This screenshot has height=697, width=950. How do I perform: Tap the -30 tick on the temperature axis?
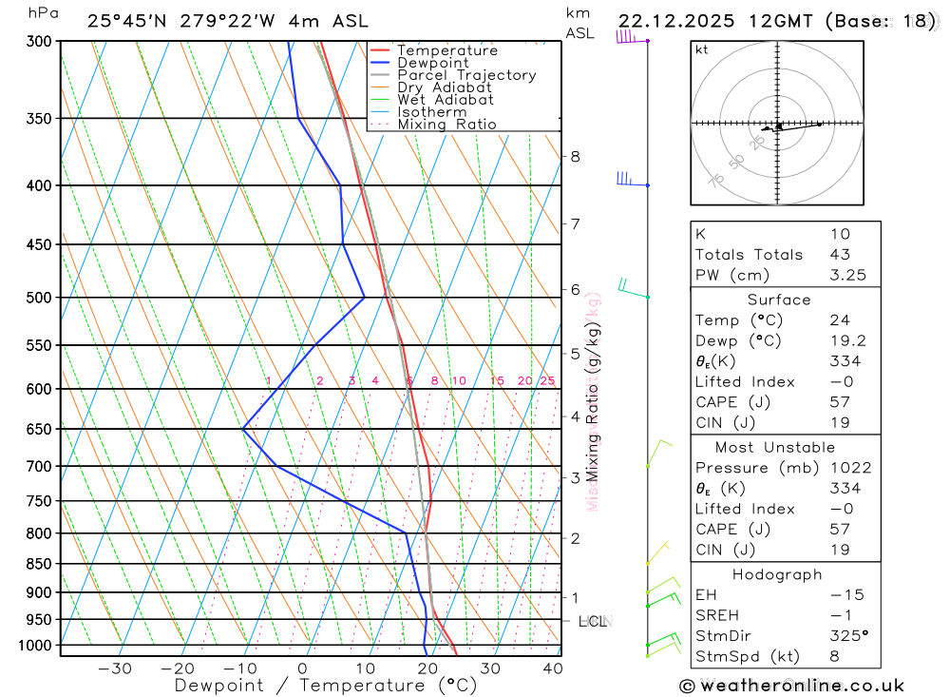(115, 668)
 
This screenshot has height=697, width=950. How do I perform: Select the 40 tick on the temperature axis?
(551, 668)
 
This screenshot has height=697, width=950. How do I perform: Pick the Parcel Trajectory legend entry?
(466, 75)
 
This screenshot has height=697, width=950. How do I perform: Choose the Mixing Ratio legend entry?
(446, 124)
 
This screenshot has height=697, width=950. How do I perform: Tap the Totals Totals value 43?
(840, 254)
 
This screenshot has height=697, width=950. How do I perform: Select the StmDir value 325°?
(845, 635)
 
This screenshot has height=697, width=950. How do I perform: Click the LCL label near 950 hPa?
(592, 622)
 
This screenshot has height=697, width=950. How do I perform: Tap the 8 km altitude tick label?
(575, 156)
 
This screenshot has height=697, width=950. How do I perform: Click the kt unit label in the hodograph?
(702, 49)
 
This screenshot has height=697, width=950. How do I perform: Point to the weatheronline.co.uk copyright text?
(792, 686)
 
